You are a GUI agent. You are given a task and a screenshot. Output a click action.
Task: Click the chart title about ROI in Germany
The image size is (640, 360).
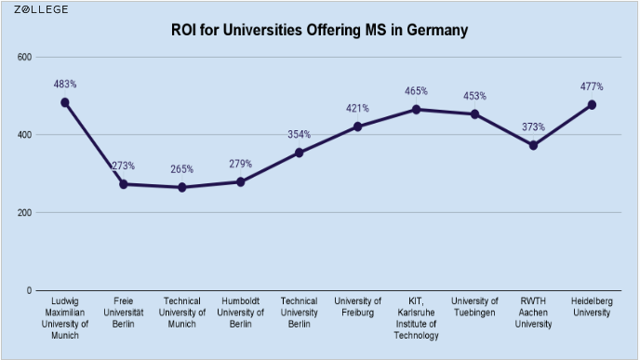point(319,30)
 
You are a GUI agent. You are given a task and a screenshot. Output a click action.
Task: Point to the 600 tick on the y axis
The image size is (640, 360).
point(25,57)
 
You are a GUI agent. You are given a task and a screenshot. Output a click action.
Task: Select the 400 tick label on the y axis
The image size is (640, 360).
point(25,135)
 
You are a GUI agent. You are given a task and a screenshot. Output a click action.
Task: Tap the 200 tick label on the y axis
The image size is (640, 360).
point(25,213)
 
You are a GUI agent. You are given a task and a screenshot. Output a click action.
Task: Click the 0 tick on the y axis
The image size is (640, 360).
point(30,290)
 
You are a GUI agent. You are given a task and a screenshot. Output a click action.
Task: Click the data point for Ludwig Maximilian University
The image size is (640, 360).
point(65,102)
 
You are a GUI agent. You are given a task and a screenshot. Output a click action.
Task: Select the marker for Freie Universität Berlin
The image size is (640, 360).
point(124,184)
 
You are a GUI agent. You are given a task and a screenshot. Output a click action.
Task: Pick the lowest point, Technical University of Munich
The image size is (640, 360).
point(182,187)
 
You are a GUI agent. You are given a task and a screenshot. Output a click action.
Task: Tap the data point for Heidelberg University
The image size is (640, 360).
point(592,104)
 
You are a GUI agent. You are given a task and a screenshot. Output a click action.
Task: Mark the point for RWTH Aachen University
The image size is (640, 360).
point(533,145)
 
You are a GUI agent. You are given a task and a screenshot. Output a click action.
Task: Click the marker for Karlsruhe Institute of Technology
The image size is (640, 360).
point(416,109)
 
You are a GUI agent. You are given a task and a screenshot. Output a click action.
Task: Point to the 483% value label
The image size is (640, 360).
point(65,85)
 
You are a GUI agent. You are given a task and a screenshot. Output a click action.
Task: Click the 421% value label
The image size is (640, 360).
point(357,108)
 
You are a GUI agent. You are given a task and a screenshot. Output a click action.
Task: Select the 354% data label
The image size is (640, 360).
point(299,134)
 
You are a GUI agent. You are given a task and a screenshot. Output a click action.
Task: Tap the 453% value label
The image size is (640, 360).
point(474,96)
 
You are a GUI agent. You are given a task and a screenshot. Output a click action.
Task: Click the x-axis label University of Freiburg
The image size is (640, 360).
point(357,307)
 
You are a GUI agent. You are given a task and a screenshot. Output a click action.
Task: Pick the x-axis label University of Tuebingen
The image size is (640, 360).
point(474,307)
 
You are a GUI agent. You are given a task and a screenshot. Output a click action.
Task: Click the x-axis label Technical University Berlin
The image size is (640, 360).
point(299,313)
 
